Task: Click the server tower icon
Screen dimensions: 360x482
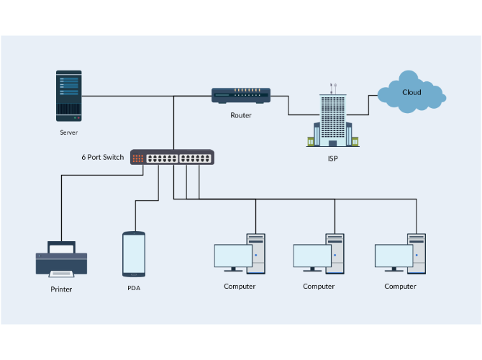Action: (x=69, y=95)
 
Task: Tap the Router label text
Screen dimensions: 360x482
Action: (x=241, y=115)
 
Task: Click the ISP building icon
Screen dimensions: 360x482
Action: (x=332, y=120)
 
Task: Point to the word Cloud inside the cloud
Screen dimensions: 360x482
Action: (x=411, y=92)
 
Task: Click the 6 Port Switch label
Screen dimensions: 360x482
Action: (x=102, y=157)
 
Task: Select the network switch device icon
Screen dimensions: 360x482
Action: (x=172, y=157)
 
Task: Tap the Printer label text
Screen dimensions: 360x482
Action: (x=61, y=289)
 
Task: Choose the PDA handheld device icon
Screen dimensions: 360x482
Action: (x=134, y=253)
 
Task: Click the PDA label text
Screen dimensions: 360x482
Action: (x=134, y=287)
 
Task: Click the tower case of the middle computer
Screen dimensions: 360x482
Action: (x=336, y=253)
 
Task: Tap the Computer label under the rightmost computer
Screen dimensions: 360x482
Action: (x=400, y=287)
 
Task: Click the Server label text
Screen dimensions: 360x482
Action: (x=69, y=133)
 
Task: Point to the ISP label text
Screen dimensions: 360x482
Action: (x=332, y=158)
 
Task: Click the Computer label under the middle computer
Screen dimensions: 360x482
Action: (x=319, y=287)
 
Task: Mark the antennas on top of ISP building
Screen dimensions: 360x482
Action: (x=332, y=87)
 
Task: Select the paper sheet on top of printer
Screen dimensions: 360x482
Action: (x=61, y=247)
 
